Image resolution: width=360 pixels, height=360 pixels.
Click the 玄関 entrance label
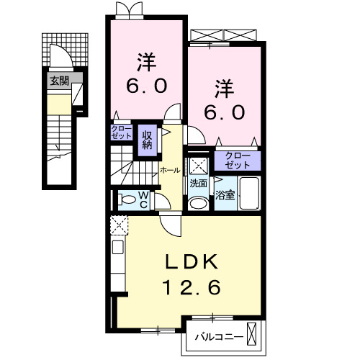click(59, 81)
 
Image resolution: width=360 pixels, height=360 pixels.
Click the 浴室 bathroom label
click(225, 194)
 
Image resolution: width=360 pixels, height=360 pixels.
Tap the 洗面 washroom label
click(198, 184)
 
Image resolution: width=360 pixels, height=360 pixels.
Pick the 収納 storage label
click(148, 137)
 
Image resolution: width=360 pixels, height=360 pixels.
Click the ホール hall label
click(170, 171)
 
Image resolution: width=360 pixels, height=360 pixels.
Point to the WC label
click(143, 199)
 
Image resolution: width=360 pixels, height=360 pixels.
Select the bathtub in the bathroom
click(250, 193)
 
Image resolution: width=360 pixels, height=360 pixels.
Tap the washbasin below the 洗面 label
click(197, 202)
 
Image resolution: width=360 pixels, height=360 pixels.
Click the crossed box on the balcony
click(251, 335)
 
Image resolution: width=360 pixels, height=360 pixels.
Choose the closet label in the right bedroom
click(236, 160)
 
